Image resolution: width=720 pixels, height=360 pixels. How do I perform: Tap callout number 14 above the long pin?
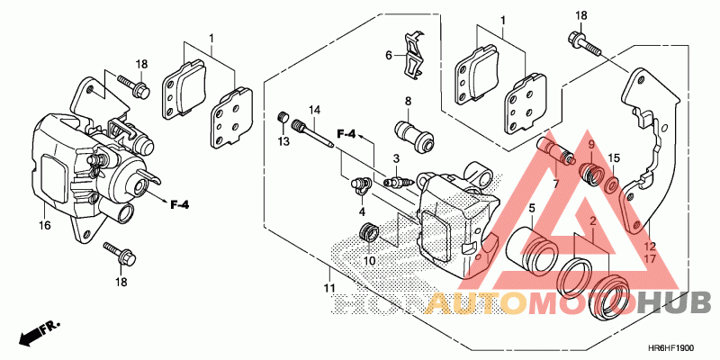[316, 111]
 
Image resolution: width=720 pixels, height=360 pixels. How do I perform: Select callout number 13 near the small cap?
[282, 143]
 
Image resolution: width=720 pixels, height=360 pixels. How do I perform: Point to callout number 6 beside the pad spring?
[389, 55]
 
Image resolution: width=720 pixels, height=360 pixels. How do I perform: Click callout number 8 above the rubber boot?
[407, 101]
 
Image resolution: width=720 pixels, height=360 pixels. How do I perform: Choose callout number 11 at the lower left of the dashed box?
[330, 288]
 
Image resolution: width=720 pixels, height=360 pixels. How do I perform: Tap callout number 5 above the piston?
[531, 209]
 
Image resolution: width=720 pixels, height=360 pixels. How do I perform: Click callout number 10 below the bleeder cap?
[369, 261]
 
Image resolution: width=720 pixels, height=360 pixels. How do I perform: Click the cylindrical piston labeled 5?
[532, 249]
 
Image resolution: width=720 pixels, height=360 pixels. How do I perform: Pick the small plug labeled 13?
[281, 119]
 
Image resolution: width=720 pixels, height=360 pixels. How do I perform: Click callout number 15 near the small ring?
[614, 158]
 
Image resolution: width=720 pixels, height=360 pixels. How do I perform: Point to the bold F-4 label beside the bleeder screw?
[347, 135]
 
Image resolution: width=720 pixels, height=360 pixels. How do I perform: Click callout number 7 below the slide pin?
[555, 184]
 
